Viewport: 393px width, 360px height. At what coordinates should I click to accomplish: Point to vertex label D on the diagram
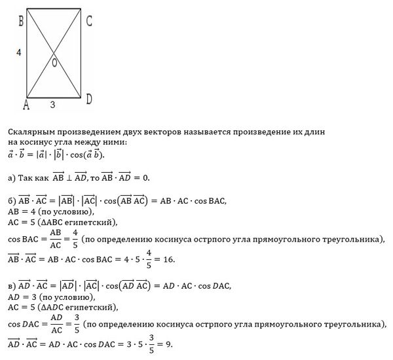(89, 99)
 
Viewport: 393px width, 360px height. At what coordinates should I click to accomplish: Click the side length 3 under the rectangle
(53, 104)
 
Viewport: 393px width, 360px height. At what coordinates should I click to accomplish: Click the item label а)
(12, 177)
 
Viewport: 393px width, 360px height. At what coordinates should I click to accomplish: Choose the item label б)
(12, 200)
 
